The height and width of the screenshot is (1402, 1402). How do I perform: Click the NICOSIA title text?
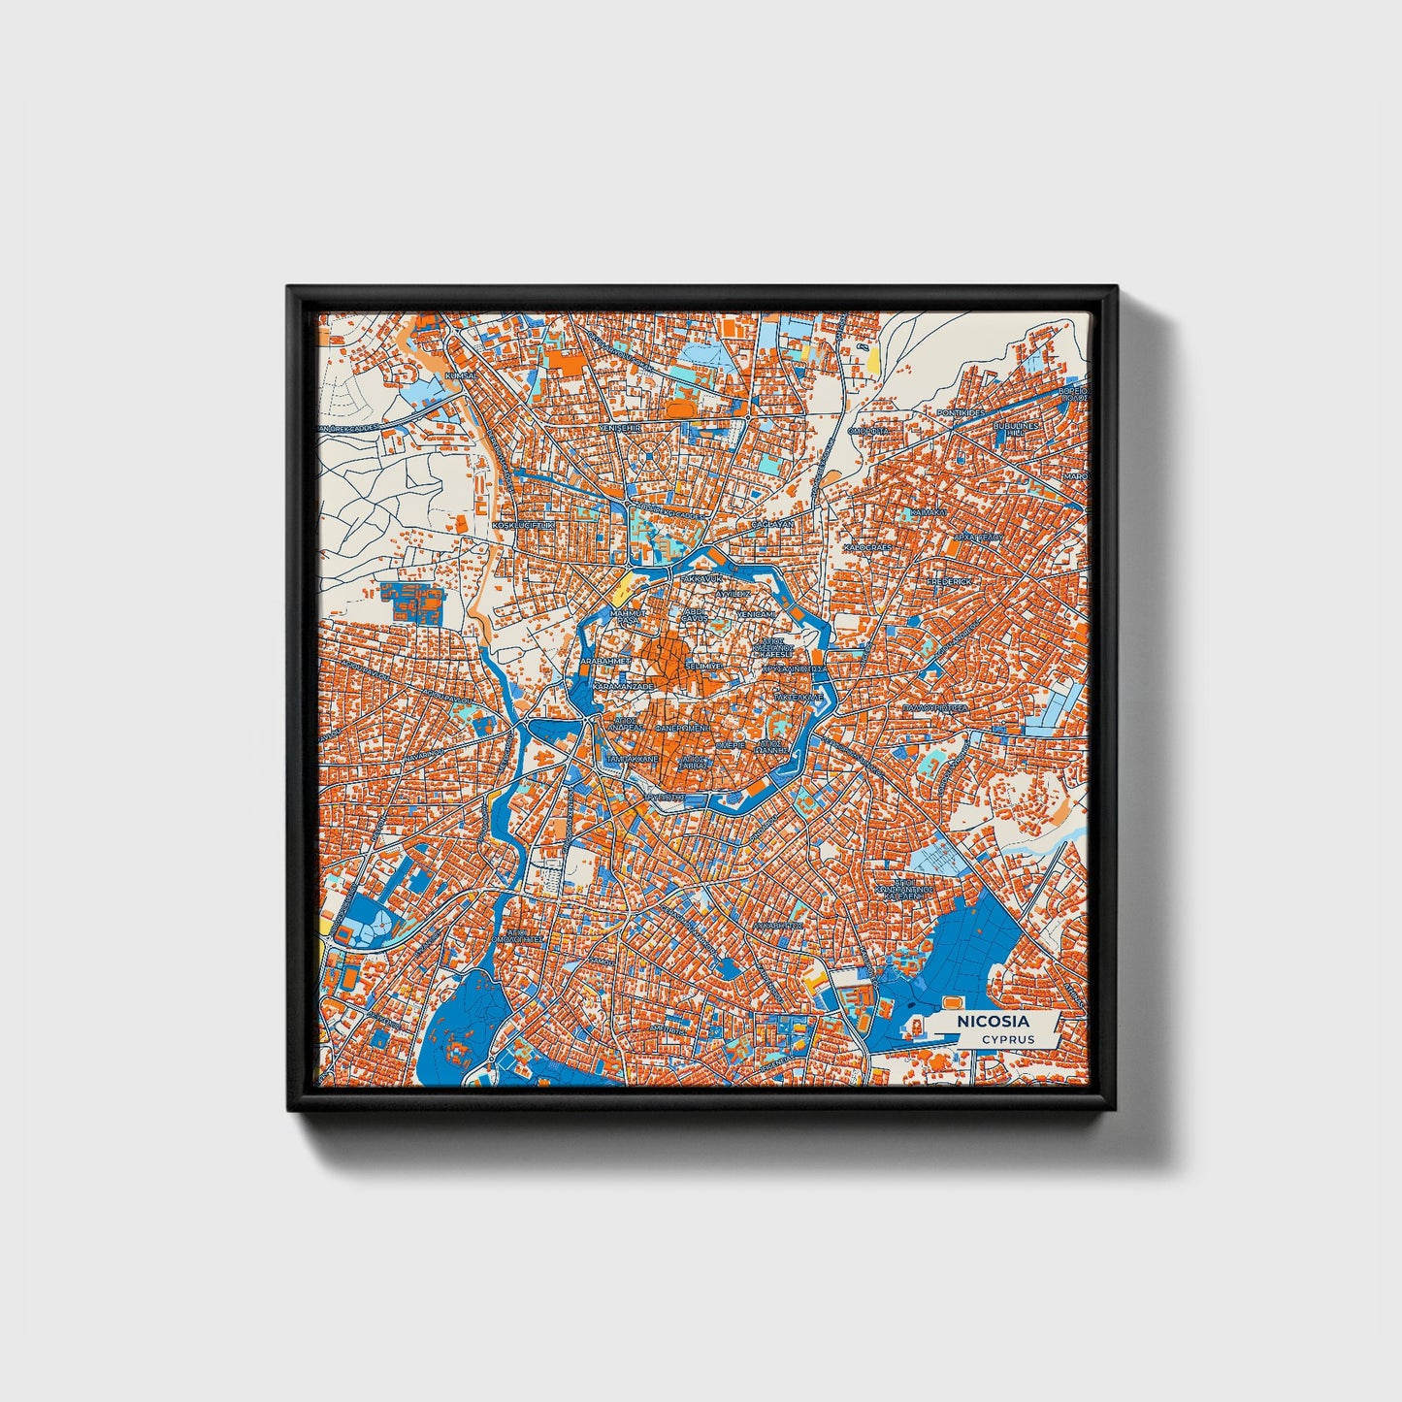(993, 1022)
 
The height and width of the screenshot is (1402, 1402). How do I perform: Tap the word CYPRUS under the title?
(1007, 1039)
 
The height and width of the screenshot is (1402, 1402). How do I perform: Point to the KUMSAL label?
(459, 375)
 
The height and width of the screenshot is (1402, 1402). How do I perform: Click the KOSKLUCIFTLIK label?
(523, 524)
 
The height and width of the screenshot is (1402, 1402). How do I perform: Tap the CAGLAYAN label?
(772, 523)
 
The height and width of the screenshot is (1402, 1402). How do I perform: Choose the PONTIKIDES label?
(961, 412)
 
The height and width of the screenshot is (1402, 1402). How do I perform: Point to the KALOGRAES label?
(867, 547)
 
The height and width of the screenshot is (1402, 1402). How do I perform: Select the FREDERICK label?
(948, 580)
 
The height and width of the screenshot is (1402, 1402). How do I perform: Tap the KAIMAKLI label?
(928, 511)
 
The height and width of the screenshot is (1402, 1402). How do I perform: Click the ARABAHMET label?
(604, 660)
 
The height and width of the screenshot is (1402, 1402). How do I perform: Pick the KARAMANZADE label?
(623, 685)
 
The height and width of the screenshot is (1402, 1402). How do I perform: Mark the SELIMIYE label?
(702, 667)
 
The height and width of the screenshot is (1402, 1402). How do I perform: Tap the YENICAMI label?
(756, 614)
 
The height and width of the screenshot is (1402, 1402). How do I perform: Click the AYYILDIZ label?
(734, 591)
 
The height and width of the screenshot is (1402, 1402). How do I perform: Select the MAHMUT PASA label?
(626, 617)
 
